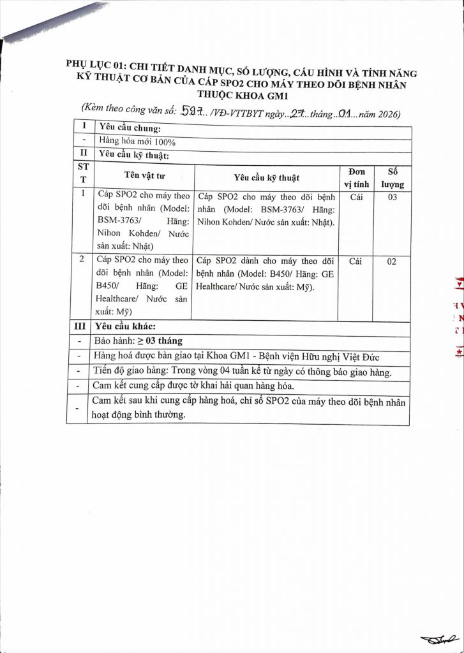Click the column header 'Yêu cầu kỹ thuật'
[266, 177]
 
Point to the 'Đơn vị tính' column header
[357, 178]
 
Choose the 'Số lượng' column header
[393, 178]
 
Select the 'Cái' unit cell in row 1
[357, 198]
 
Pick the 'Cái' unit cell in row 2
[357, 261]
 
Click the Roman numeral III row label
[79, 326]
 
